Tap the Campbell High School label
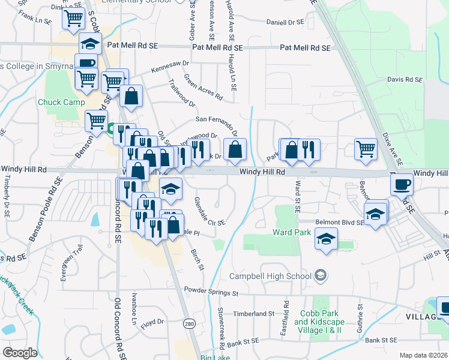coord(271,276)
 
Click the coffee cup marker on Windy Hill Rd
coord(402,185)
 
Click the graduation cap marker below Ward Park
coord(327,239)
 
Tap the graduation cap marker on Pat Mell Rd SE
coord(90,44)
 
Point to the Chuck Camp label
coord(61,102)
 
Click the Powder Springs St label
coord(211,293)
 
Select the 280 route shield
coord(189,323)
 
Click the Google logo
coord(20,353)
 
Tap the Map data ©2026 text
coord(423,355)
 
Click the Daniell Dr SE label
coord(286,22)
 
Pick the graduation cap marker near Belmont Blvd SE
coord(376,214)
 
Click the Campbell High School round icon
coord(321,275)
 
